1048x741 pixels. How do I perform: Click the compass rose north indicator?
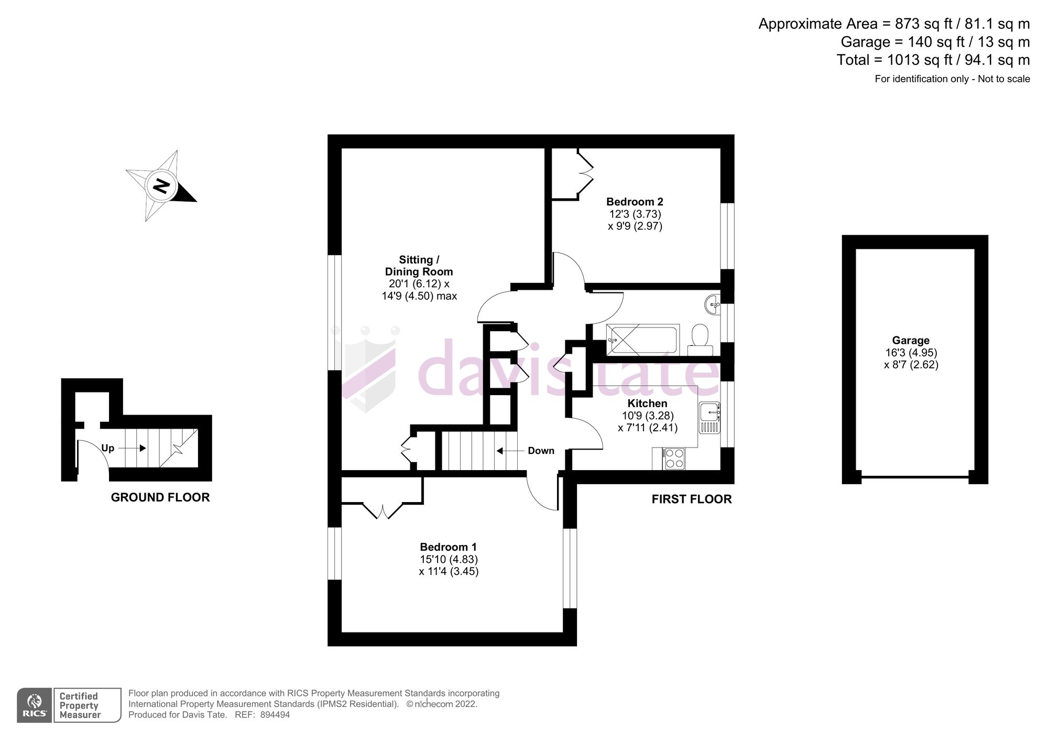pos(161,186)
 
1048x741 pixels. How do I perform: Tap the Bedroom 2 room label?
pos(635,202)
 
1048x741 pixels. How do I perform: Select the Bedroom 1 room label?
pos(448,548)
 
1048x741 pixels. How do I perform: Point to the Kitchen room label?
pos(647,404)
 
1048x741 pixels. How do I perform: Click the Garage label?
pos(911,341)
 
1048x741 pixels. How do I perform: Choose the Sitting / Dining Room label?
pos(419,266)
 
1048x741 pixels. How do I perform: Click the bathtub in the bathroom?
pos(642,340)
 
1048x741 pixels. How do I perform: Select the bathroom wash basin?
pos(713,304)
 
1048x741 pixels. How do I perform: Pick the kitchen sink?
pos(710,418)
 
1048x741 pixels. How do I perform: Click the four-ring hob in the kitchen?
pos(673,459)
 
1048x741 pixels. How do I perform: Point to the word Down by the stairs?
pos(541,451)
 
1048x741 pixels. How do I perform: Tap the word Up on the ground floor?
pos(107,448)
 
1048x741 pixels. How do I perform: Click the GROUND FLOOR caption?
pos(160,497)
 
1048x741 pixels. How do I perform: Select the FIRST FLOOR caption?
pos(692,499)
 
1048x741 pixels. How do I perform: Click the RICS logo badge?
pos(35,705)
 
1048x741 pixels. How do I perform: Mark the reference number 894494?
pos(275,715)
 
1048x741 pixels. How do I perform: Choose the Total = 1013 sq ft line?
pos(933,60)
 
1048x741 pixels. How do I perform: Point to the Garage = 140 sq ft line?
pos(935,42)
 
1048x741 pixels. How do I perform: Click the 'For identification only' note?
pos(952,79)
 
